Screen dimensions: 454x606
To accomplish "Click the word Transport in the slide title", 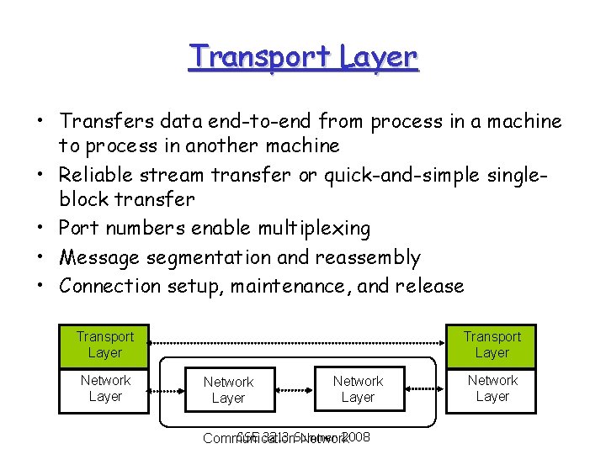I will (x=261, y=56).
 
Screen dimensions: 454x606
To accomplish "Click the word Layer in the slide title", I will (x=380, y=56).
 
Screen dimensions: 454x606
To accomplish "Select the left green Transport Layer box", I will (x=105, y=345).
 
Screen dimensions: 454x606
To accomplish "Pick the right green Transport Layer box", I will (x=492, y=345).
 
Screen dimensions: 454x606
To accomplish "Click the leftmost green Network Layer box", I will (x=105, y=389).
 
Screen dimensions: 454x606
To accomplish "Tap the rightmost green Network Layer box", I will (x=492, y=389).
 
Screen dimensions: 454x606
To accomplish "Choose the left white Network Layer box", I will (x=228, y=390).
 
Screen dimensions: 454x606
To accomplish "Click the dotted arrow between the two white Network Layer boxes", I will (x=292, y=389).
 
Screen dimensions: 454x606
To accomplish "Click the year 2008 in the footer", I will (x=357, y=436).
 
